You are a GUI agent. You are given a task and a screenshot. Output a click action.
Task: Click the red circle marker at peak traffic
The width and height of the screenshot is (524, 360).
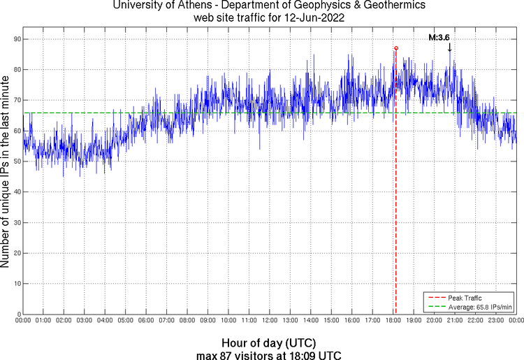(x=395, y=48)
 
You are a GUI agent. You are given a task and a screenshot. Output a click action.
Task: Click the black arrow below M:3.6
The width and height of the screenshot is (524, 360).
(x=449, y=48)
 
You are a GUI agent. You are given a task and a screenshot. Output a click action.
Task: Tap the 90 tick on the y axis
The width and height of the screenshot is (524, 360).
(x=15, y=39)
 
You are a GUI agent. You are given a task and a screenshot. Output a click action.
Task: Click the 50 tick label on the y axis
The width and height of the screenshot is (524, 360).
(x=15, y=161)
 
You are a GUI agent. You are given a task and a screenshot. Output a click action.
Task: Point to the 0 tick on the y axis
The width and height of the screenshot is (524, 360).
(x=17, y=315)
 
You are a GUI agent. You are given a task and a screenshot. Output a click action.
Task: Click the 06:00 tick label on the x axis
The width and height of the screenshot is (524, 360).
(x=146, y=321)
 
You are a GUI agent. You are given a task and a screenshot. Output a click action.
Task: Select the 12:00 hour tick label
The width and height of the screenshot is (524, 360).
(x=270, y=321)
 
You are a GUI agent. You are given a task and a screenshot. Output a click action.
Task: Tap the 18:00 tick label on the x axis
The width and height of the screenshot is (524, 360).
(x=393, y=321)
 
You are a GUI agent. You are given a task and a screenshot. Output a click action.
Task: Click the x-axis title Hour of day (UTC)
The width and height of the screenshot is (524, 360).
(x=269, y=343)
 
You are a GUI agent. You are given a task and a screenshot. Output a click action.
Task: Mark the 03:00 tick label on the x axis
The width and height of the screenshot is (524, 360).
(x=84, y=321)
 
